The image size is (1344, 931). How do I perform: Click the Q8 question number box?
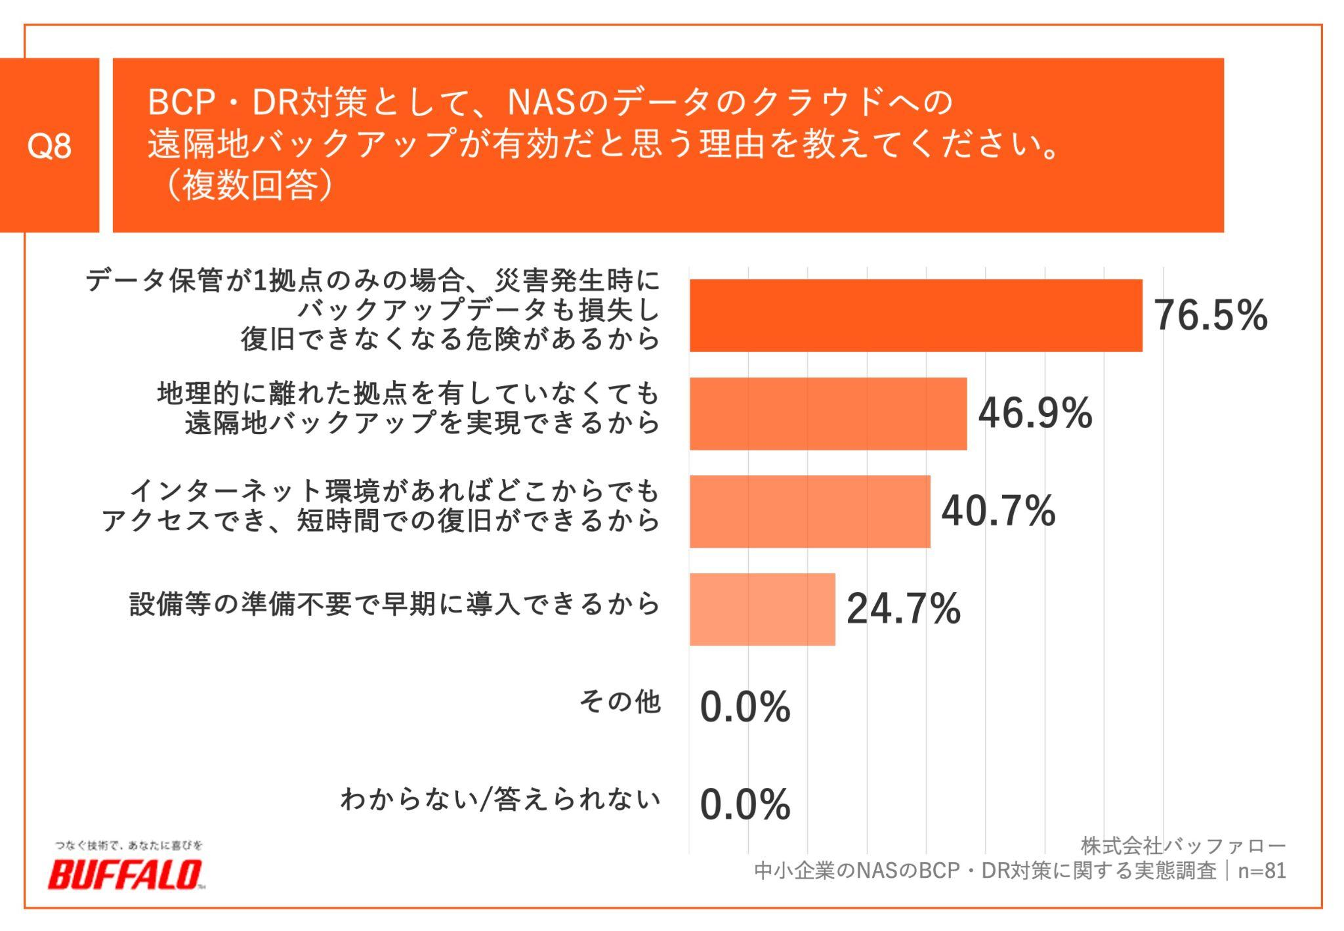pos(49,145)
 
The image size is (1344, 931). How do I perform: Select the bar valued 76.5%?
pos(915,315)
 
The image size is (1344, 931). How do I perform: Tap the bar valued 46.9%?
pos(828,414)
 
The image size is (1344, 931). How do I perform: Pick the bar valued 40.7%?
pos(809,511)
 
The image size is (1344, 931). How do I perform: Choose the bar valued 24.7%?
pos(762,609)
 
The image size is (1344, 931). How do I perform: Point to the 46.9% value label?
pos(1035,414)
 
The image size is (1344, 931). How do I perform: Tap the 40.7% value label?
pos(998,511)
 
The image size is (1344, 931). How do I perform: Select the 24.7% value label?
pos(903,609)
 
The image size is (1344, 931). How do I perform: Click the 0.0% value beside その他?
pos(745,707)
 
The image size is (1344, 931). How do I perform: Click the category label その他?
pos(619,702)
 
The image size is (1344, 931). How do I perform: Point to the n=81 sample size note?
pos(1261,871)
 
